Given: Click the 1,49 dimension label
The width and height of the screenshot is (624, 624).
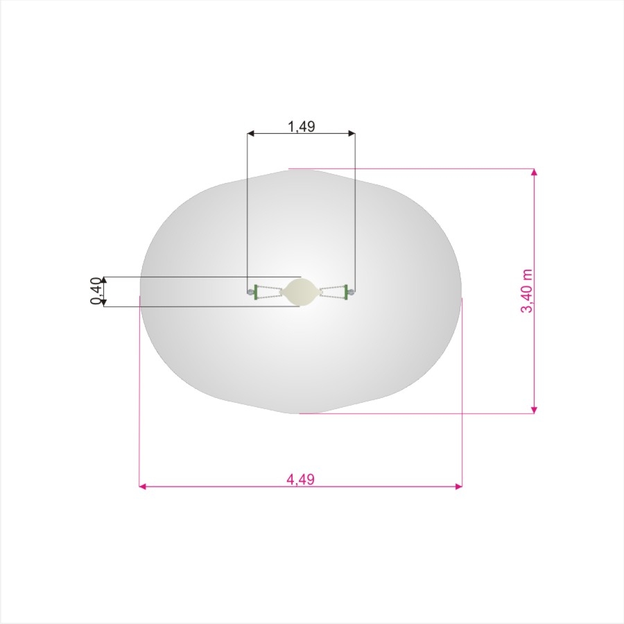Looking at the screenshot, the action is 302,127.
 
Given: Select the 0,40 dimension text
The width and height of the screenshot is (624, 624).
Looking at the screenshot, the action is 96,291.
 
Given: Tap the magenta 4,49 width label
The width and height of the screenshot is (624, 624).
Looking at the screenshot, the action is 300,479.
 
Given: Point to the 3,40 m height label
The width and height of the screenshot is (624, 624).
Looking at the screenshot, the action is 526,291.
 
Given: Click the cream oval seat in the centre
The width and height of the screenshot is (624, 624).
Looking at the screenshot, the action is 300,292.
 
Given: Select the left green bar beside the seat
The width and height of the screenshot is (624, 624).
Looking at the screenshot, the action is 256,292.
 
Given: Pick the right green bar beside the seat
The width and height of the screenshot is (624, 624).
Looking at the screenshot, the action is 346,293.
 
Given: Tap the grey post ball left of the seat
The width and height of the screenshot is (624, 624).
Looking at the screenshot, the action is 250,292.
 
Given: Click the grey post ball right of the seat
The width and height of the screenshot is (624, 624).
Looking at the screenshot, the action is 352,293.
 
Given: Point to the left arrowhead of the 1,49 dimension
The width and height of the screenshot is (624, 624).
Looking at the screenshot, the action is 250,134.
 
